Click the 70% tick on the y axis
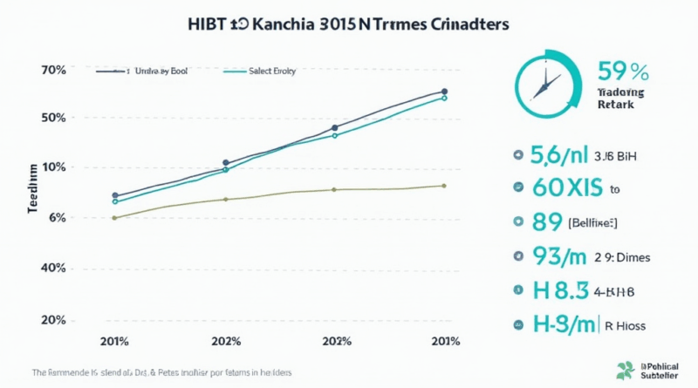click(54, 69)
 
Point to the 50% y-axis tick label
click(54, 119)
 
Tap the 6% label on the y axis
click(57, 218)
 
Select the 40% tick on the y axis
click(54, 269)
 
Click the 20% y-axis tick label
click(54, 320)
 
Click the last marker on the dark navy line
click(444, 92)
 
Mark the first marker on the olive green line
click(115, 218)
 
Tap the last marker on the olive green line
click(444, 186)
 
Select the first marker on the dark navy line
click(115, 196)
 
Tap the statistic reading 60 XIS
click(566, 187)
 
